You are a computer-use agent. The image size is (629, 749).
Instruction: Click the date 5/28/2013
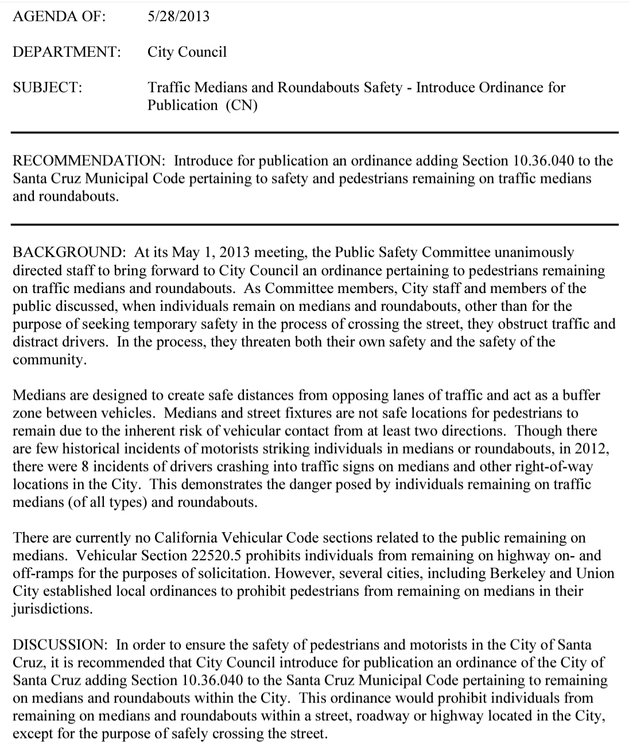click(x=178, y=16)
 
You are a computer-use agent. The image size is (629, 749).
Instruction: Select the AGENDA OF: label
click(x=59, y=16)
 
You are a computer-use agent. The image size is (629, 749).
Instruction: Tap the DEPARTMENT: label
click(x=67, y=52)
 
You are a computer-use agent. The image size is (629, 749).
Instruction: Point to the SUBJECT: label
click(x=48, y=87)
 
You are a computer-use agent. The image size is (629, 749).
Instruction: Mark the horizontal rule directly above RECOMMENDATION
click(x=314, y=132)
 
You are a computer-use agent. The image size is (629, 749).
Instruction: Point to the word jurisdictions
click(x=52, y=609)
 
